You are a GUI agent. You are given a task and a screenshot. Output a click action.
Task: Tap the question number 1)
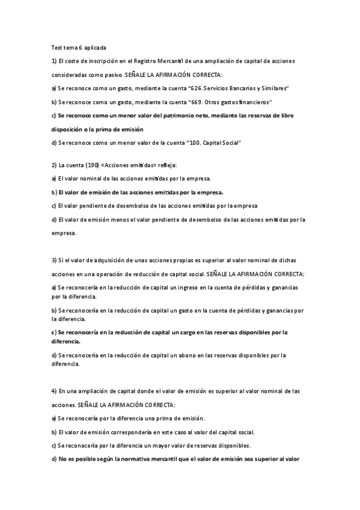pyautogui.click(x=53, y=61)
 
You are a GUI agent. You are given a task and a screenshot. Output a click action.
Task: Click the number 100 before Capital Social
pyautogui.click(x=191, y=142)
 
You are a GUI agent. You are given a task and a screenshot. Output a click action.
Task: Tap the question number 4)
pyautogui.click(x=53, y=391)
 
